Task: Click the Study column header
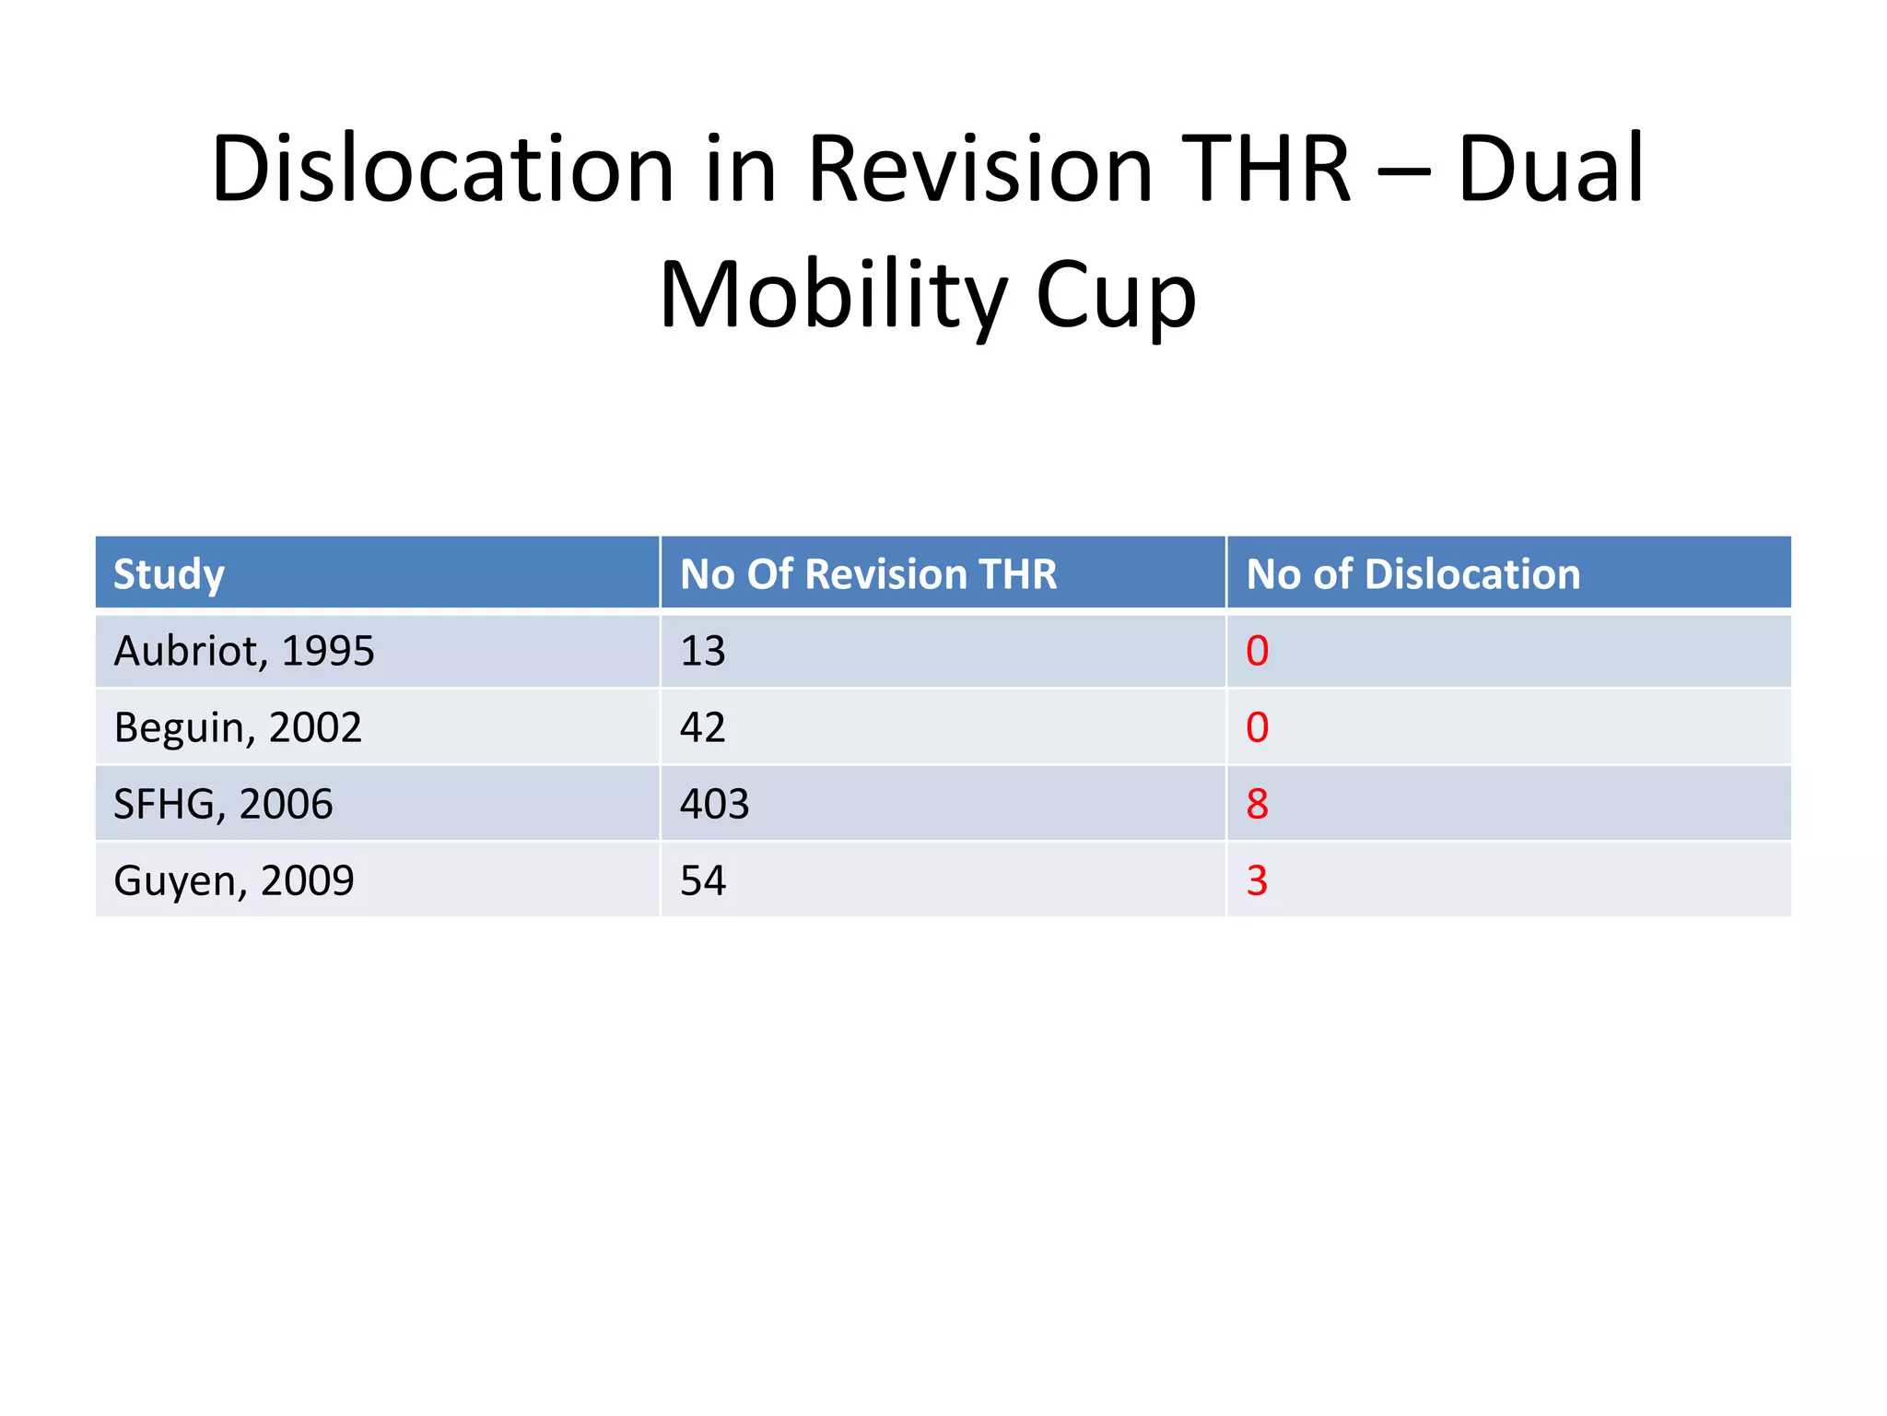(x=169, y=574)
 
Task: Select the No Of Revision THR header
(x=868, y=574)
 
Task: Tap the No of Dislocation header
(x=1412, y=574)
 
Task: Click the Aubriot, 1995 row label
(x=244, y=651)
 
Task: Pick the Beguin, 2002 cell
(x=238, y=727)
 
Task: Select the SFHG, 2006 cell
(x=223, y=804)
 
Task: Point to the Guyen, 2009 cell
(x=234, y=880)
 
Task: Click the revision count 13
(x=702, y=651)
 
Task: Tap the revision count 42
(x=702, y=727)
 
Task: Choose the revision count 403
(x=714, y=804)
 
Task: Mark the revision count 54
(x=702, y=880)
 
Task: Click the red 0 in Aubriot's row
(x=1257, y=651)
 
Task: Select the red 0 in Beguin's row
(x=1257, y=727)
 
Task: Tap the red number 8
(x=1257, y=804)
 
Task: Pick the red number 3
(x=1257, y=880)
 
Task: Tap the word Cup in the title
(x=1116, y=295)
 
